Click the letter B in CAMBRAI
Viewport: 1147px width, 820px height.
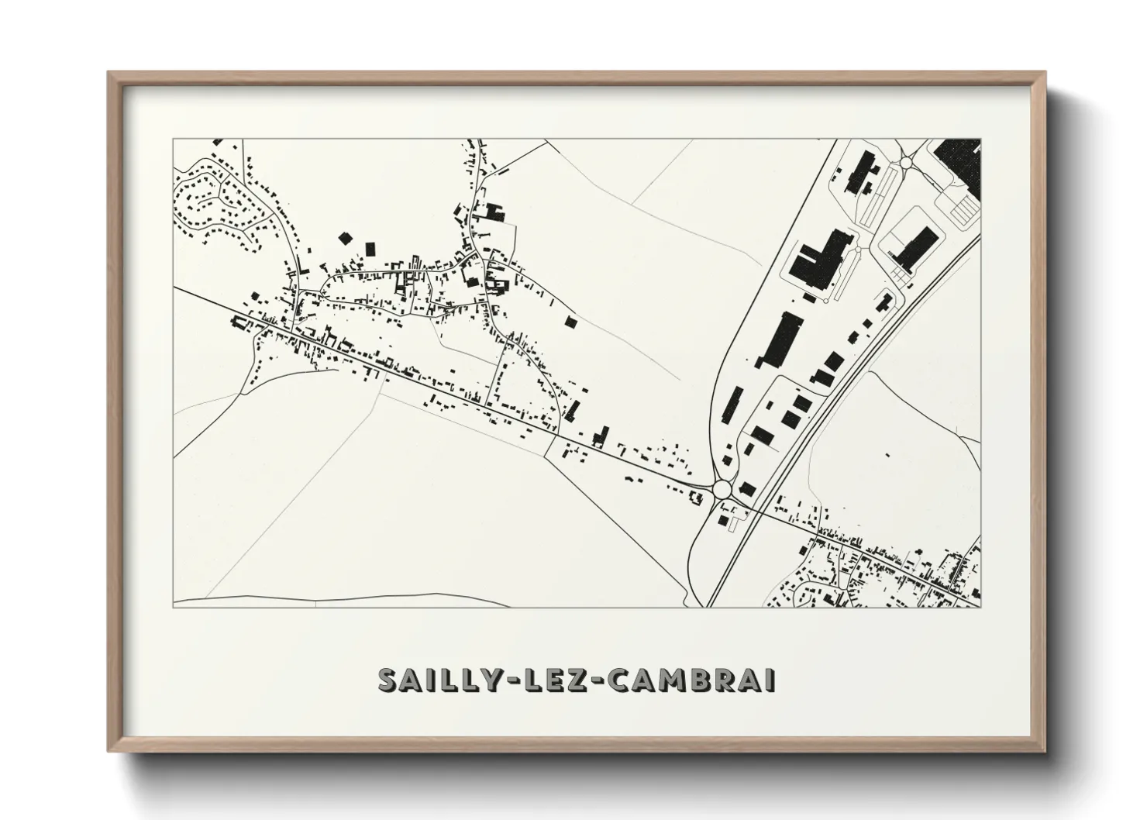(710, 680)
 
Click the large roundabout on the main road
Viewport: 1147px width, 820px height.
(722, 489)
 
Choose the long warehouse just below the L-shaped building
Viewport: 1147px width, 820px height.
(777, 340)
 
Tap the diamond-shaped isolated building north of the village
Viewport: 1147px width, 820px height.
(344, 237)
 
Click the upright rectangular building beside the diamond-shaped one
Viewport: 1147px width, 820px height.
(370, 248)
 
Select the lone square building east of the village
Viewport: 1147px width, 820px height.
(571, 321)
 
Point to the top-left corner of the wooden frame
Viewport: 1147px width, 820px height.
(109, 74)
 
